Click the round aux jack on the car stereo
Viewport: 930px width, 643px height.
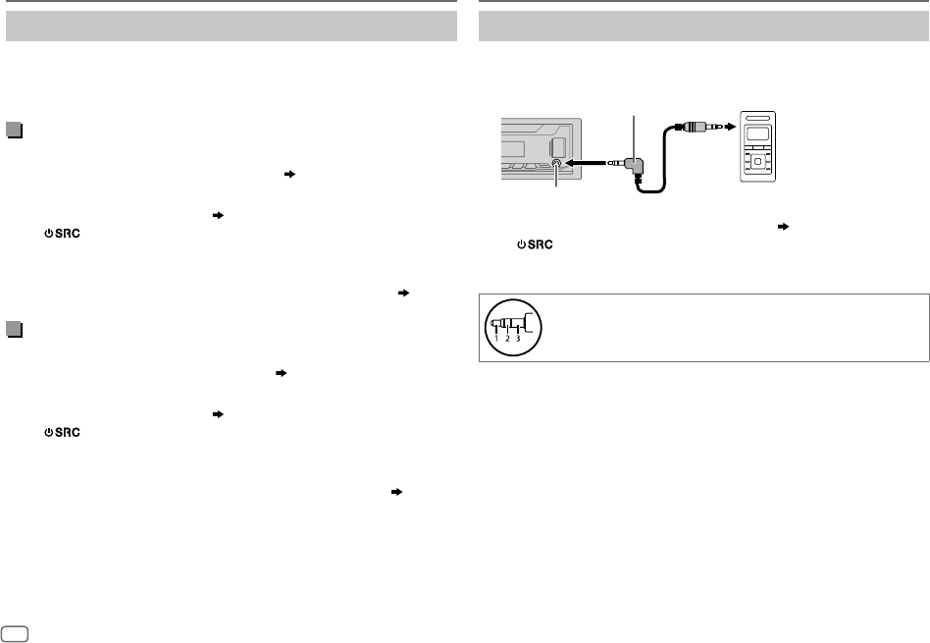click(x=557, y=166)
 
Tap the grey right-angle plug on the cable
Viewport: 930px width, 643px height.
click(x=635, y=168)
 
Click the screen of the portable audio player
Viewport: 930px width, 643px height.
click(x=759, y=135)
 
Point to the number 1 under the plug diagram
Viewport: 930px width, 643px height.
click(x=496, y=337)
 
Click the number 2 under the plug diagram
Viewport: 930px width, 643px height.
click(x=507, y=337)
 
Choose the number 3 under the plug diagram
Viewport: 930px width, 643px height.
click(x=517, y=337)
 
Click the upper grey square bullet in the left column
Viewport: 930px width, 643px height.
click(x=13, y=129)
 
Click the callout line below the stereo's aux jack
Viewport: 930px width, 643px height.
click(x=557, y=183)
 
